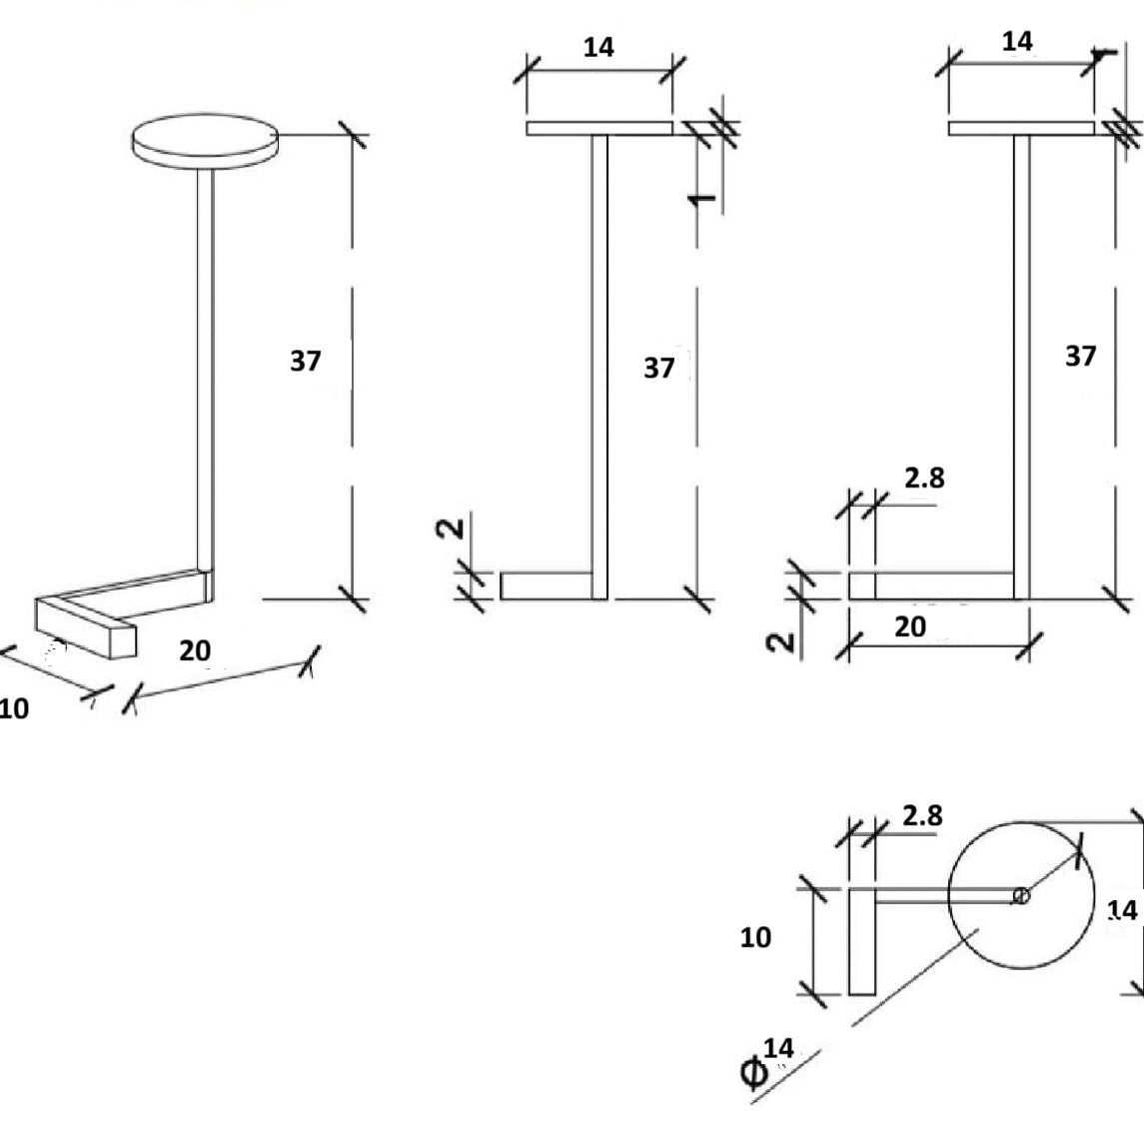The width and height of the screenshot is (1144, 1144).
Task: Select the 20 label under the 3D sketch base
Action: click(x=195, y=650)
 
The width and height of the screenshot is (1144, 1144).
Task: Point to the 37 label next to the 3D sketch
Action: click(x=305, y=361)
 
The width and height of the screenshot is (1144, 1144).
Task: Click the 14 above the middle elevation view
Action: click(x=598, y=47)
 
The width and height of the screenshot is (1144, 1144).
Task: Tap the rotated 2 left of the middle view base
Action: click(x=452, y=527)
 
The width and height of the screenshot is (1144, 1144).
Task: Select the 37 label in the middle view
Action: click(x=658, y=369)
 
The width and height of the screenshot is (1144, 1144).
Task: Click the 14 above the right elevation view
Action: click(x=1017, y=41)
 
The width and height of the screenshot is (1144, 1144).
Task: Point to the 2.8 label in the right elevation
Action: click(x=924, y=479)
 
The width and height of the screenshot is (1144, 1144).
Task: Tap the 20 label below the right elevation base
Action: click(x=909, y=626)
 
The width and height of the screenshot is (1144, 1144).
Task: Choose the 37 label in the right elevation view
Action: click(x=1080, y=356)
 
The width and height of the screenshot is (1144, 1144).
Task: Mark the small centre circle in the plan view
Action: click(x=1021, y=896)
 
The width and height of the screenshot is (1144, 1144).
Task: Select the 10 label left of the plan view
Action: click(x=755, y=937)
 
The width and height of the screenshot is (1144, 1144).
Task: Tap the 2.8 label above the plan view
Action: click(x=921, y=816)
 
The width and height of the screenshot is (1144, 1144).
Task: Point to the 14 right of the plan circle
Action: click(x=1122, y=910)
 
